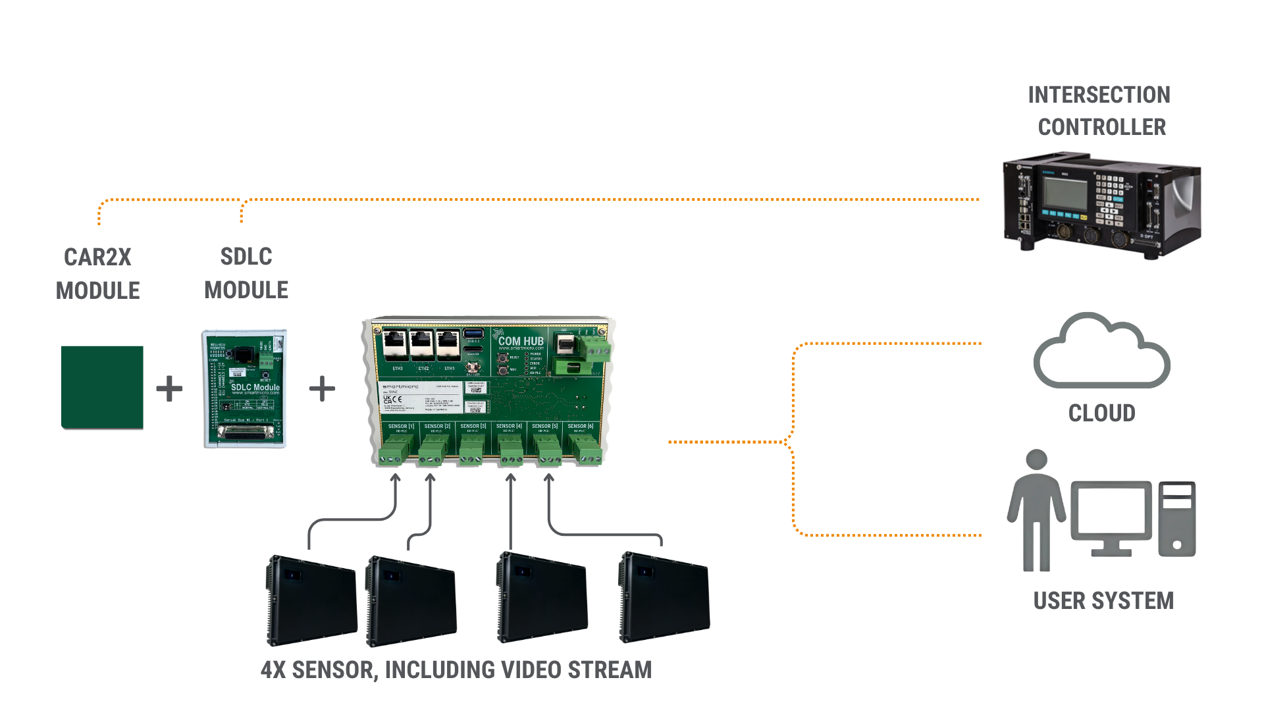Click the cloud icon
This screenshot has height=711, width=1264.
pyautogui.click(x=1101, y=352)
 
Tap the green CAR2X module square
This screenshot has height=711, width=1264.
pyautogui.click(x=102, y=387)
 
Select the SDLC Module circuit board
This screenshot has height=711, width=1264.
pyautogui.click(x=244, y=388)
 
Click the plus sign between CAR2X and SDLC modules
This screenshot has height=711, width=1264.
pyautogui.click(x=169, y=388)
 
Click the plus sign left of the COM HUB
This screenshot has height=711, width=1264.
pyautogui.click(x=322, y=388)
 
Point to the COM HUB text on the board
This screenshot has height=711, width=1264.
pyautogui.click(x=521, y=341)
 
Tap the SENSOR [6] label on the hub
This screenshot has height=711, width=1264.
pyautogui.click(x=580, y=427)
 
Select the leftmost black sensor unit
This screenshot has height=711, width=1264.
pyautogui.click(x=312, y=600)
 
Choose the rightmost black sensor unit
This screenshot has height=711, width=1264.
pyautogui.click(x=665, y=598)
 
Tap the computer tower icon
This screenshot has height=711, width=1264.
pyautogui.click(x=1177, y=519)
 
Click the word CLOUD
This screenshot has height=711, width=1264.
pyautogui.click(x=1101, y=413)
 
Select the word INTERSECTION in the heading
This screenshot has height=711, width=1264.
pyautogui.click(x=1099, y=95)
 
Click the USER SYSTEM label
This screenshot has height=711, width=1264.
pyautogui.click(x=1103, y=600)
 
